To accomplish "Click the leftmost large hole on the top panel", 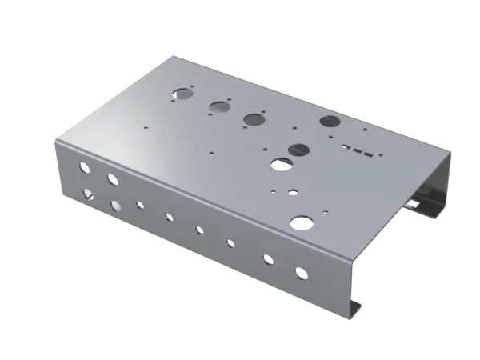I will point(183,93).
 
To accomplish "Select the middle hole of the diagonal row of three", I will point(218,106).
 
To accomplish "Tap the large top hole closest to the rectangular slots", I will point(329,122).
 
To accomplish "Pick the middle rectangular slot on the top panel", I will point(355,148).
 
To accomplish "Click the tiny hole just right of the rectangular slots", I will point(378,151).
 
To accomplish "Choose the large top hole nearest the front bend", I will point(302,221).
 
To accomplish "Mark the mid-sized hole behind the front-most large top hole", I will point(293,193).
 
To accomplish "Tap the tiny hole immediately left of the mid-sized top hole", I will point(274,192).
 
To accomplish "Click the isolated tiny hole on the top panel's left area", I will point(146,126).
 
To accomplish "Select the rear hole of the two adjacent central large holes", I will point(299,149).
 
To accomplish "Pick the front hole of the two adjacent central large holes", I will point(281,164).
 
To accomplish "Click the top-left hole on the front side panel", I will point(81,168).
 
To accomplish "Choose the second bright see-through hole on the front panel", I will point(117,206).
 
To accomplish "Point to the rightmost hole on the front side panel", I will point(301,274).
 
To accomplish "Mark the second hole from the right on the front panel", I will point(266,258).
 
